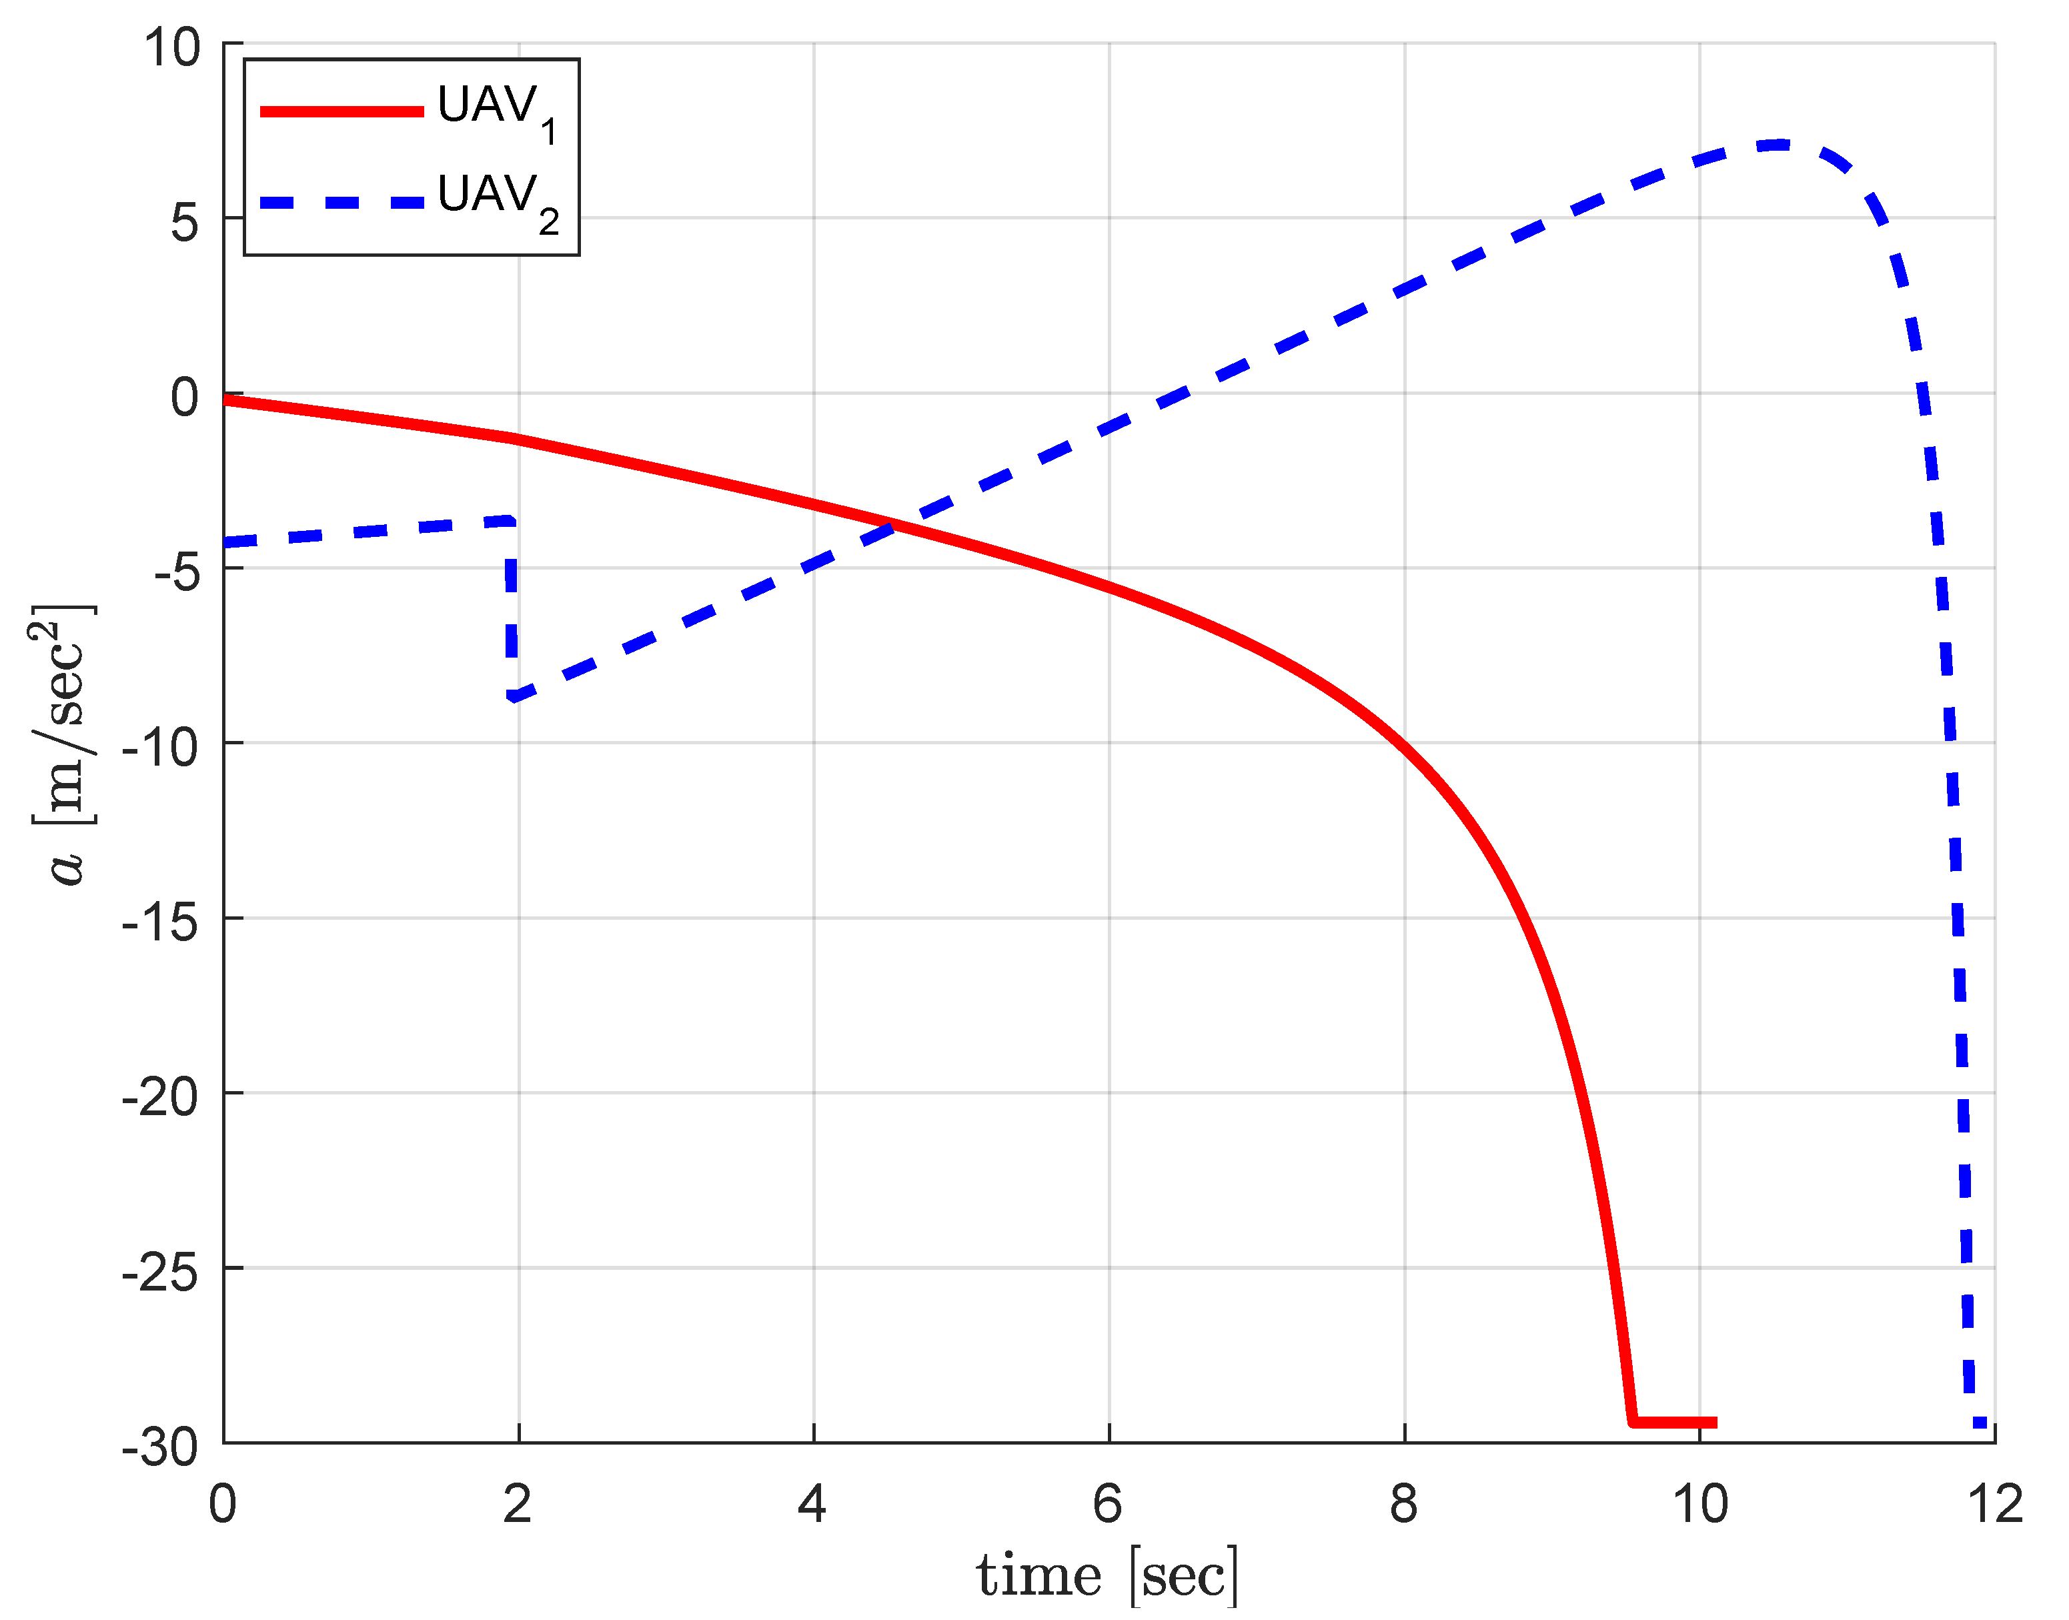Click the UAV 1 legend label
pos(497,111)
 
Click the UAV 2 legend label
pos(497,200)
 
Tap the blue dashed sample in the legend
pos(341,202)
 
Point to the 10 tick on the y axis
pos(173,47)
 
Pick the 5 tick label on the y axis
pos(185,222)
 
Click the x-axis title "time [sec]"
pos(1108,1577)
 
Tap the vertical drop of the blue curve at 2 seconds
pos(512,607)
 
